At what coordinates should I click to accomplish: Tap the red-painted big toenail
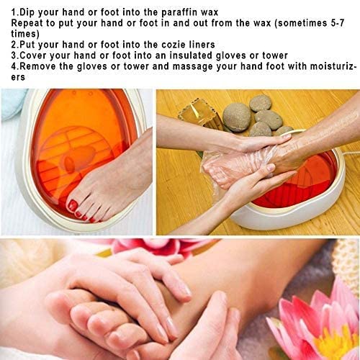pyautogui.click(x=73, y=206)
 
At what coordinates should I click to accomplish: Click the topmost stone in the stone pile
pyautogui.click(x=260, y=102)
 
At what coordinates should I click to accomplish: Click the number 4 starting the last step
pyautogui.click(x=15, y=66)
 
